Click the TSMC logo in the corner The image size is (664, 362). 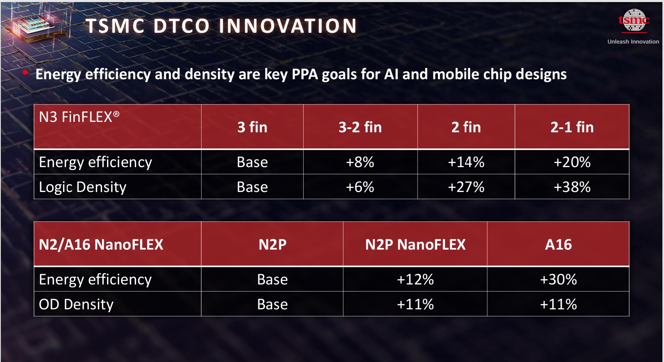(x=633, y=20)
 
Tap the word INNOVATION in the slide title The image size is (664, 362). (x=287, y=26)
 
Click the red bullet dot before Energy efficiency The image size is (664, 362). (x=25, y=73)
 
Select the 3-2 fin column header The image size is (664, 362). (x=360, y=127)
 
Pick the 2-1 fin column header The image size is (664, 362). (x=572, y=127)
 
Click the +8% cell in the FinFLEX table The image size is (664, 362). (x=360, y=162)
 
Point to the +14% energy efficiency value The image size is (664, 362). (x=466, y=162)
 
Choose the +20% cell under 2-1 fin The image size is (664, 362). (x=572, y=162)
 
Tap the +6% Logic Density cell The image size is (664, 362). (x=360, y=187)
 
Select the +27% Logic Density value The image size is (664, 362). (x=466, y=187)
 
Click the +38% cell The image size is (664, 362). (x=572, y=187)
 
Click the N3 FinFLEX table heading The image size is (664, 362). (x=79, y=117)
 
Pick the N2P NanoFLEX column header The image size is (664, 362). (x=415, y=245)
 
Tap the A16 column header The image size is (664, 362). (x=558, y=245)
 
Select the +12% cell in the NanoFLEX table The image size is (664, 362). (x=415, y=279)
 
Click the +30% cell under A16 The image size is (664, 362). (x=558, y=279)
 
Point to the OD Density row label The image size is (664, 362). (x=76, y=305)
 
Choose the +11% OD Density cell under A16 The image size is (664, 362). (x=558, y=304)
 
